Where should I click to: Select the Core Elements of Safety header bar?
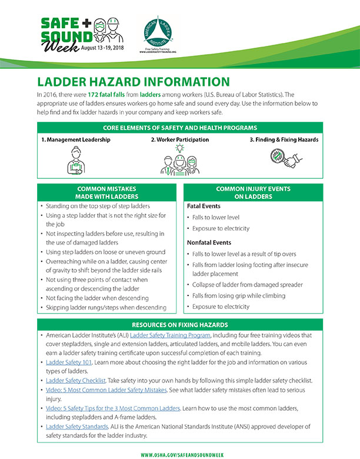point(180,127)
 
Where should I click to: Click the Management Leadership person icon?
point(75,161)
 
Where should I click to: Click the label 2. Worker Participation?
point(179,140)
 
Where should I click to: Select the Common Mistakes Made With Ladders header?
point(107,192)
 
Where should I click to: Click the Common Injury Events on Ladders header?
point(252,192)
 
